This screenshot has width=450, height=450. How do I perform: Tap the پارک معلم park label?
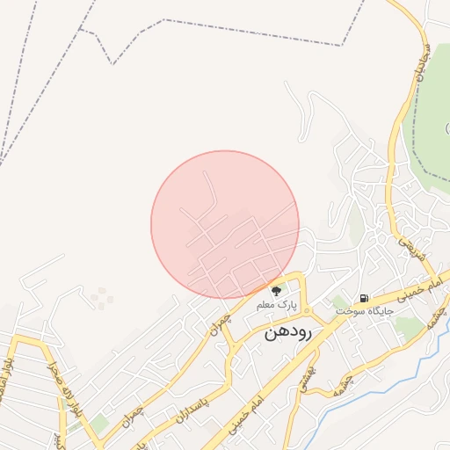pyautogui.click(x=278, y=305)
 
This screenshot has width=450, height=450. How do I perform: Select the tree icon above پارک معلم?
pyautogui.click(x=276, y=290)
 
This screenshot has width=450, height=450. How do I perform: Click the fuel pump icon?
pyautogui.click(x=364, y=299)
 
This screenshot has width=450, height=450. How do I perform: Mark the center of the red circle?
pyautogui.click(x=225, y=225)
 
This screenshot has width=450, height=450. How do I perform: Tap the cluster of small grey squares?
pyautogui.click(x=102, y=299)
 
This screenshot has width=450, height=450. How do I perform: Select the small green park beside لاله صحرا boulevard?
pyautogui.click(x=98, y=424)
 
